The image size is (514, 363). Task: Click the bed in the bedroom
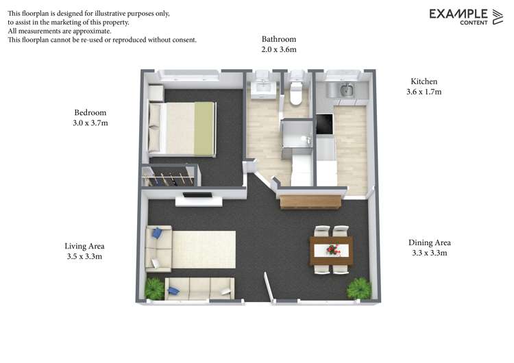click(x=182, y=128)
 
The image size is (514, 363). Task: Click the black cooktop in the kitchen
click(x=323, y=126)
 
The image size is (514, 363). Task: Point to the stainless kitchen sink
click(x=345, y=89)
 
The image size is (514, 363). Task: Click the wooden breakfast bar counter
click(x=310, y=201)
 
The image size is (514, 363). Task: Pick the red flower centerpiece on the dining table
click(x=332, y=249)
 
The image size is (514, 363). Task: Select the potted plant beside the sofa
click(x=155, y=287)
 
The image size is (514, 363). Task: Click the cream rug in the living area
click(x=203, y=249)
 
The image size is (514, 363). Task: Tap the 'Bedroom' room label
click(x=90, y=112)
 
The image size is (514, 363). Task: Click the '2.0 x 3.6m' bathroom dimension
click(x=278, y=50)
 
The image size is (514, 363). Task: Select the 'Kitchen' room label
click(x=424, y=81)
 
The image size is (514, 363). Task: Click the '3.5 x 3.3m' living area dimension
click(x=84, y=257)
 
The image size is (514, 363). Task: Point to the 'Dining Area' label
click(x=429, y=242)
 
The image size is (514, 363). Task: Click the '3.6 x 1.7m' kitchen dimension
click(x=424, y=92)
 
